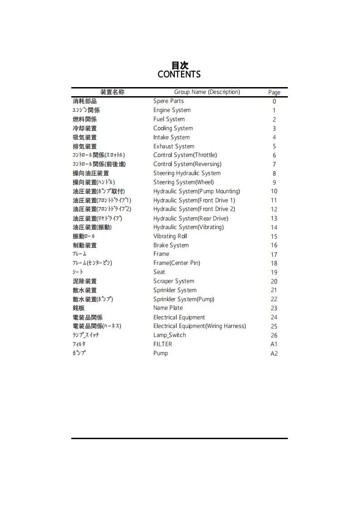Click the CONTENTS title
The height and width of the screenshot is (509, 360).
point(179,74)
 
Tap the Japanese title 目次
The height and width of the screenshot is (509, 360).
point(180,65)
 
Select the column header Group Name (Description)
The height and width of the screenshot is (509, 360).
point(207,92)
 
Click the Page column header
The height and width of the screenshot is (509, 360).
point(274,93)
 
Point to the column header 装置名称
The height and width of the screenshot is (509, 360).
point(112,92)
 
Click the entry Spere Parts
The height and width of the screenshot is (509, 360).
point(168,101)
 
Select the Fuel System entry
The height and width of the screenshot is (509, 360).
point(169,119)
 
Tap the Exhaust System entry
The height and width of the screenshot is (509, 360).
point(173,146)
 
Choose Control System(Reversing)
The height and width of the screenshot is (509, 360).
point(187,164)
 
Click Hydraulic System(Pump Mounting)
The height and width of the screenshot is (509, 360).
point(197,191)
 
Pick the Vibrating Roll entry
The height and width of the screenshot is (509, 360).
point(170,236)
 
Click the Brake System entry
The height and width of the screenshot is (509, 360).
point(171,245)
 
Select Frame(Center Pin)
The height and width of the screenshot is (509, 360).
point(177,263)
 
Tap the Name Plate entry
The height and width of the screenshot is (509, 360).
point(168,308)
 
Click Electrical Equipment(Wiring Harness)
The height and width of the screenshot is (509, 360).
point(199,326)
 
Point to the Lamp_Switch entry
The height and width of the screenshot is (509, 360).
point(169,335)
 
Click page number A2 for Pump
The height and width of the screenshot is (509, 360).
point(274,353)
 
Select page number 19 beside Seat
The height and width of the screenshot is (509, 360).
point(274,272)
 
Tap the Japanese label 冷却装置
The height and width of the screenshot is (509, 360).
point(84,128)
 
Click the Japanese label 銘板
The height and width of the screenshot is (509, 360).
point(79,308)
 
